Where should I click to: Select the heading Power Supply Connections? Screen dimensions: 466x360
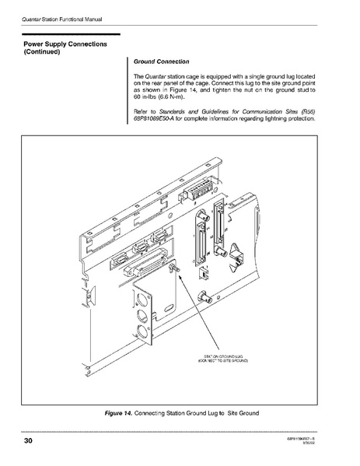pyautogui.click(x=65, y=44)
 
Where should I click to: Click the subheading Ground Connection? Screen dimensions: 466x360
pyautogui.click(x=162, y=61)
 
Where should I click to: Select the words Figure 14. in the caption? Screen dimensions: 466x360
pyautogui.click(x=119, y=412)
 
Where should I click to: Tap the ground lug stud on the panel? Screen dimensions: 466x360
pyautogui.click(x=173, y=267)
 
